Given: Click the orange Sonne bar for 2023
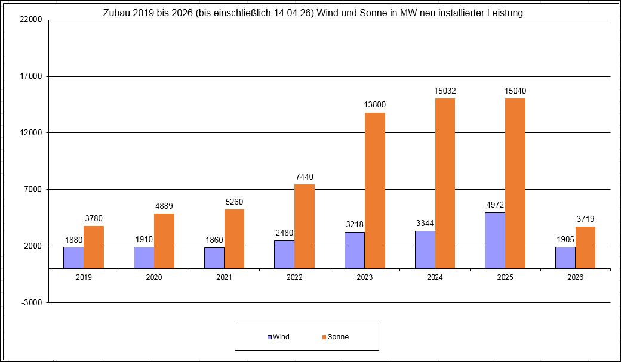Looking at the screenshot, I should pyautogui.click(x=375, y=190).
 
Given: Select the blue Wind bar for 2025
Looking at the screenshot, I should pyautogui.click(x=495, y=240).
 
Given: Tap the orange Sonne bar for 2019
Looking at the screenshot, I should pyautogui.click(x=94, y=247).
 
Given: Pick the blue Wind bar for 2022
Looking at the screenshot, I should pyautogui.click(x=284, y=254).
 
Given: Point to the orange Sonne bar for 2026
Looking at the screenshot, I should pyautogui.click(x=585, y=247).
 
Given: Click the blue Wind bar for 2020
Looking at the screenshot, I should pyautogui.click(x=144, y=258).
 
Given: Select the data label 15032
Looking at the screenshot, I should pyautogui.click(x=445, y=91).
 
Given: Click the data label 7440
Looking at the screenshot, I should pyautogui.click(x=304, y=177).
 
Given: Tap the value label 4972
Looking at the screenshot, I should pyautogui.click(x=495, y=205).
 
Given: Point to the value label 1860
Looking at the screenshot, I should pyautogui.click(x=214, y=240).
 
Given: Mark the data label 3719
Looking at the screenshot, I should pyautogui.click(x=585, y=219).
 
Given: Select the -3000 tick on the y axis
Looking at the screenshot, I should pyautogui.click(x=32, y=302).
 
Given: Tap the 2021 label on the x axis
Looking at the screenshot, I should pyautogui.click(x=224, y=277).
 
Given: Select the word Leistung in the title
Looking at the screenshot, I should pyautogui.click(x=505, y=13).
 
